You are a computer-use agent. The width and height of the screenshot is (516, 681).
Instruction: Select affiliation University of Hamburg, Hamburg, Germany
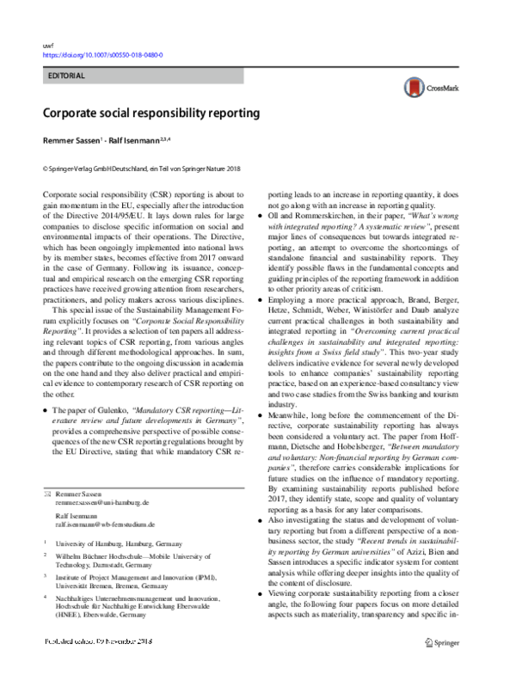coord(116,543)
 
